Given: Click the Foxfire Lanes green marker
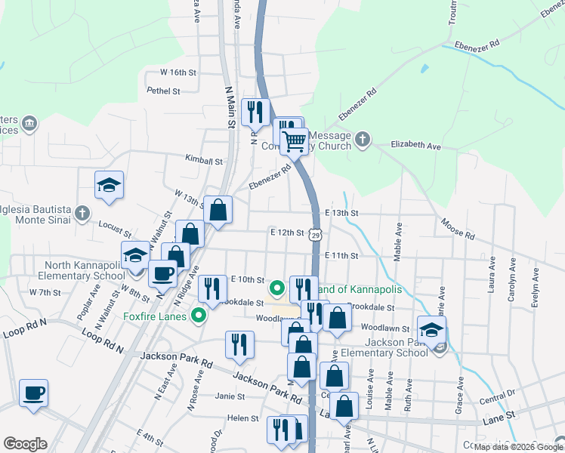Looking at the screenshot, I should pyautogui.click(x=200, y=316).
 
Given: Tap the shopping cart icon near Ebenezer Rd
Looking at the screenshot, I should pyautogui.click(x=294, y=140).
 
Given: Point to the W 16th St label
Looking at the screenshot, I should pyautogui.click(x=178, y=72).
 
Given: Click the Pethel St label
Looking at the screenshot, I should pyautogui.click(x=164, y=91).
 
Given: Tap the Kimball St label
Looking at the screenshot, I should pyautogui.click(x=205, y=161).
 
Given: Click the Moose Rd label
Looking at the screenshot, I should pyautogui.click(x=457, y=230).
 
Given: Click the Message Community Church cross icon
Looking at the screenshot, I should pyautogui.click(x=363, y=139).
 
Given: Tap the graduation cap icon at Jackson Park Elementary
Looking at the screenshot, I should pyautogui.click(x=431, y=331).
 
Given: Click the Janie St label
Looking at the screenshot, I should pyautogui.click(x=230, y=396).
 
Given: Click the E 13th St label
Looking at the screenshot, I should pyautogui.click(x=341, y=214).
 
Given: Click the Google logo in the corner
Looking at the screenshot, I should pyautogui.click(x=25, y=445).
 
